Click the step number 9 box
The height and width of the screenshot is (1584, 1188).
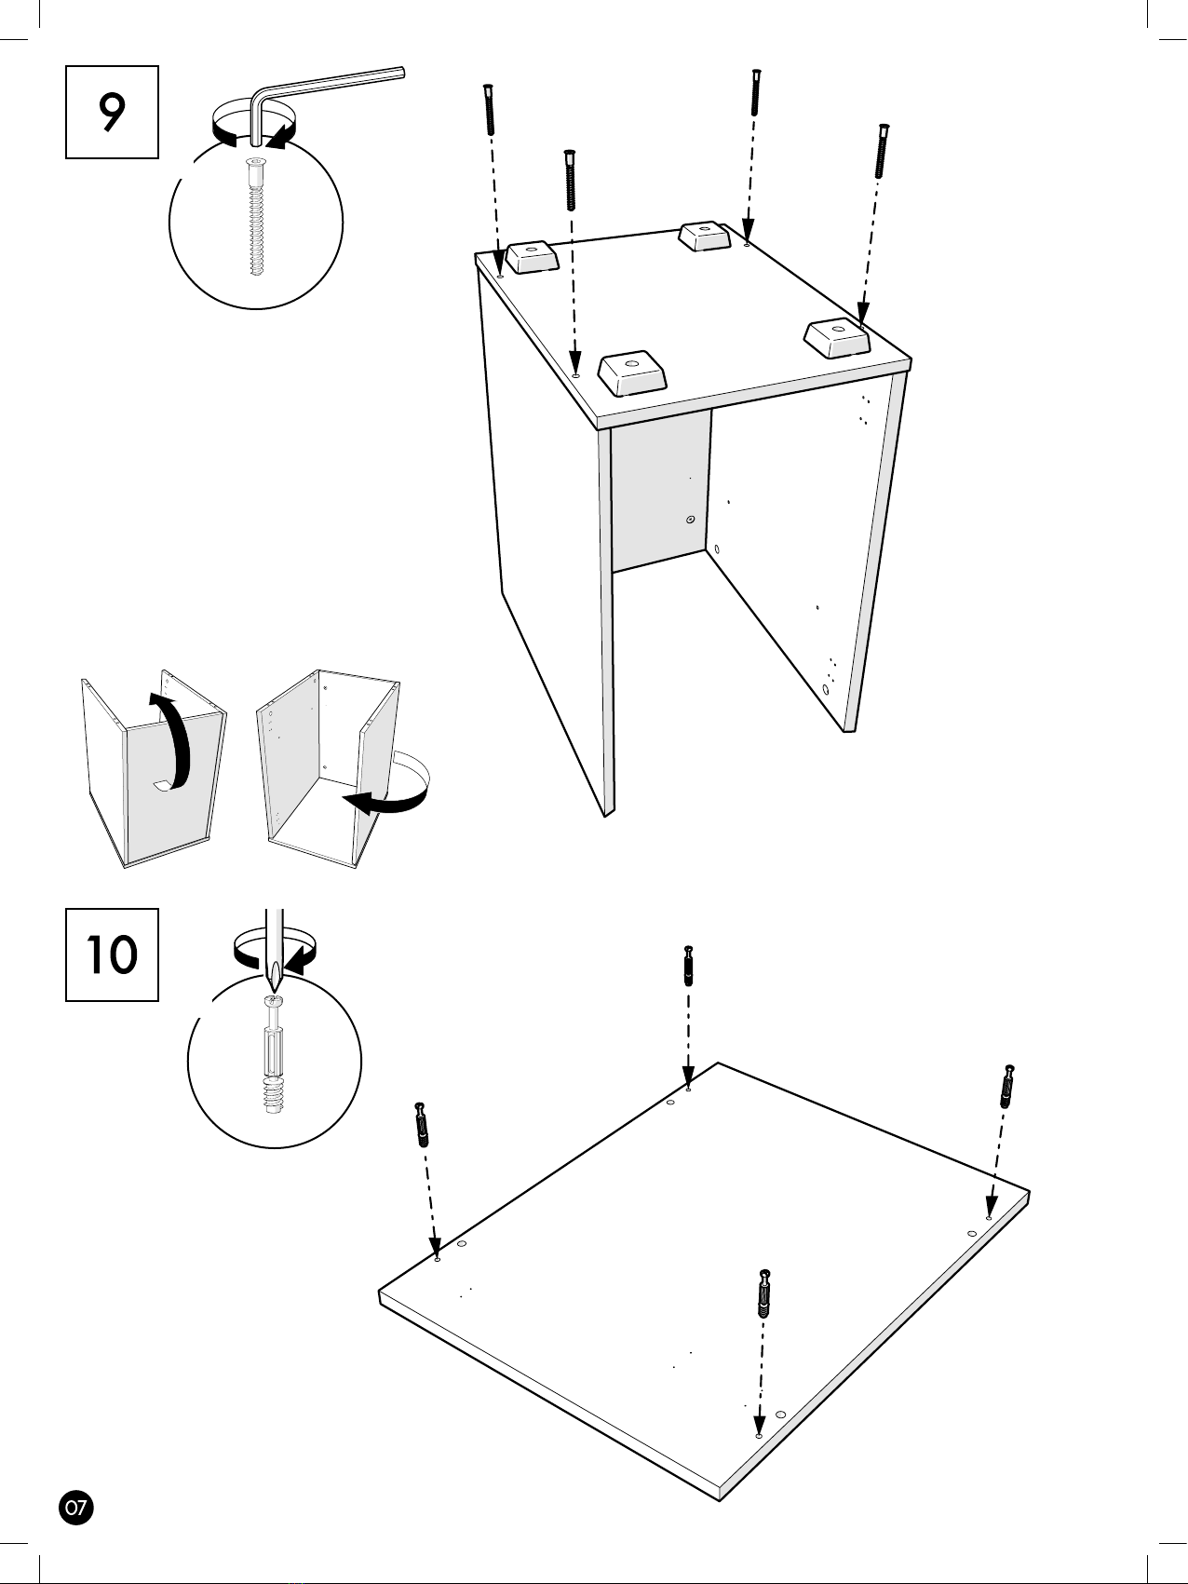click(112, 112)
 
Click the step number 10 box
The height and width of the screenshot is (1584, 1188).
click(112, 954)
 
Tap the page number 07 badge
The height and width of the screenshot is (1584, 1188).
click(76, 1507)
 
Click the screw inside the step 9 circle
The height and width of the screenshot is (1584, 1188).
click(256, 218)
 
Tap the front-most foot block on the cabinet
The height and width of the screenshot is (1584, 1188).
click(633, 373)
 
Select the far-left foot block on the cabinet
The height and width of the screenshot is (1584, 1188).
click(533, 257)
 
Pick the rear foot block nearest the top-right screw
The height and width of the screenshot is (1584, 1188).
click(705, 236)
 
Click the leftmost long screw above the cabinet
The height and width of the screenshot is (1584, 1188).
click(489, 110)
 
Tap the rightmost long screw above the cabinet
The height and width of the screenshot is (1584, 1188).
click(881, 151)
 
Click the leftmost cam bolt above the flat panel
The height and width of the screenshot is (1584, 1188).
click(422, 1125)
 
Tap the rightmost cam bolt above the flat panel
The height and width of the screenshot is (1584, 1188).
click(1007, 1086)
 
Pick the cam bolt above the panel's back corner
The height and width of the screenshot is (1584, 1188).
click(689, 967)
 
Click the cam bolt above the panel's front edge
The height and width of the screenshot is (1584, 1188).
click(764, 1293)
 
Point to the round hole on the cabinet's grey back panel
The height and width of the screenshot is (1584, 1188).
click(690, 519)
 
